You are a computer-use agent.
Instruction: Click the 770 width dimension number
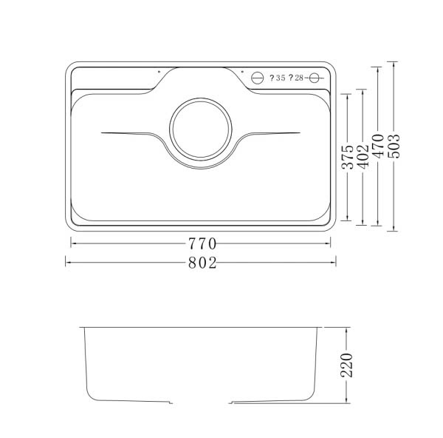201,243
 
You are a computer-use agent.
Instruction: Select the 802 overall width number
201,261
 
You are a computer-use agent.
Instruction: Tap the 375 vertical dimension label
347,157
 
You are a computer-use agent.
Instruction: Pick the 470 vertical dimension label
378,146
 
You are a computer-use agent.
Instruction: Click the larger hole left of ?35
259,78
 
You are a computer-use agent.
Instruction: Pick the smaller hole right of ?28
315,78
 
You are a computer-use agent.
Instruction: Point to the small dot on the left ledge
159,72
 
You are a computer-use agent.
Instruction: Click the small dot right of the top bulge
242,72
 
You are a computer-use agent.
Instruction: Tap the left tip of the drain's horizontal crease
100,133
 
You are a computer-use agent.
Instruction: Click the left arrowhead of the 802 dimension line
66,261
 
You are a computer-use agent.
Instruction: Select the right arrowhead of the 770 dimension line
329,243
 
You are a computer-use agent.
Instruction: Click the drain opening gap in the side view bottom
201,405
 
